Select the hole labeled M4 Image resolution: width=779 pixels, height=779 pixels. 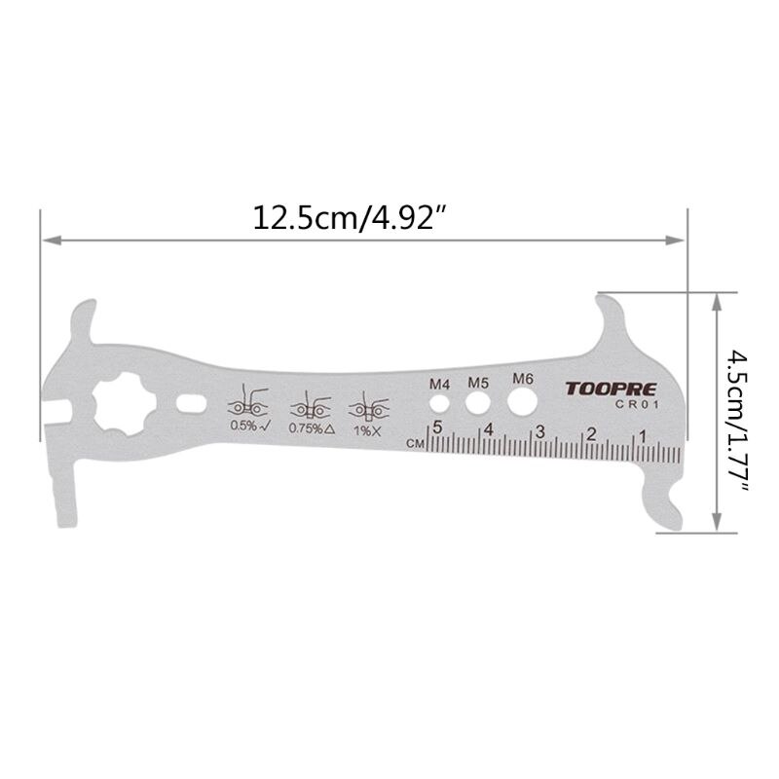tap(441, 401)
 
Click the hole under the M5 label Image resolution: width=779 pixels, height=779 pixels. tap(477, 400)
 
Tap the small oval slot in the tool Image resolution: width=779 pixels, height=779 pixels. tap(192, 403)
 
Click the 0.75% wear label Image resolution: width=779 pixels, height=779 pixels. tap(312, 427)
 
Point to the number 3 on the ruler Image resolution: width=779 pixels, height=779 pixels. tap(539, 430)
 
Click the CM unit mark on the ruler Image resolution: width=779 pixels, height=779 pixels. tap(415, 443)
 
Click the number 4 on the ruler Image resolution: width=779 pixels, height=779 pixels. tap(489, 428)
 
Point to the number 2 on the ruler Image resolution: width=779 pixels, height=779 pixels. tap(590, 432)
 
